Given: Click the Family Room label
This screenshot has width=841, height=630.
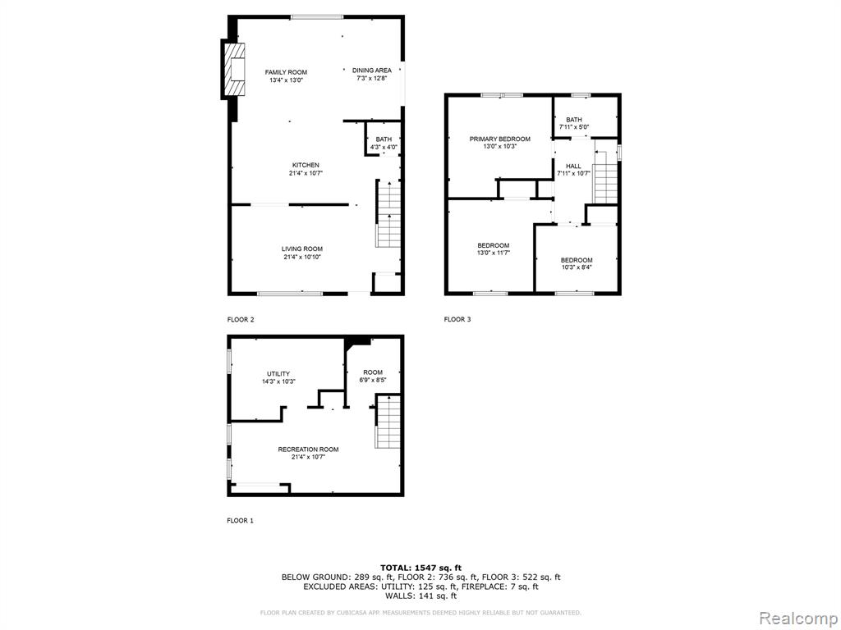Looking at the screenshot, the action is click(286, 72).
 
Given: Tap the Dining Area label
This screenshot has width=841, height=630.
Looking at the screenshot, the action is click(372, 71).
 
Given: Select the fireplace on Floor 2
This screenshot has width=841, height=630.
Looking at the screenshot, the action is click(234, 70).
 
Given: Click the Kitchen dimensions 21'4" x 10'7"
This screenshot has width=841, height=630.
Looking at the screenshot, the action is click(306, 173).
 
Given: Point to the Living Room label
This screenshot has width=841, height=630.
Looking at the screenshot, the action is click(302, 249).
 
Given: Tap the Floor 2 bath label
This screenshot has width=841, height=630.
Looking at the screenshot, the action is click(384, 139).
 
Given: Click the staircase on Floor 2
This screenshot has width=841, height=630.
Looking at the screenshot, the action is click(388, 214).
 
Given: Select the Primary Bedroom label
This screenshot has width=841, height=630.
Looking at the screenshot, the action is click(500, 139).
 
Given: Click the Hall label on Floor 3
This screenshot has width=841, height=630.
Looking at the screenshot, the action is click(573, 166).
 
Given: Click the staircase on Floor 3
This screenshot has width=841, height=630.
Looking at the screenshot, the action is click(605, 177).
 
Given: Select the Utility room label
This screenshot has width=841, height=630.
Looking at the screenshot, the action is click(278, 374).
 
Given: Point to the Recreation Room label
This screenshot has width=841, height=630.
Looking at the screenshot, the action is click(309, 450).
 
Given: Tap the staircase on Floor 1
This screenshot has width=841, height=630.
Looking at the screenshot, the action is click(388, 422).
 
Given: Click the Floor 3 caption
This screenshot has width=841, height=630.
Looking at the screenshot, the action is click(457, 319).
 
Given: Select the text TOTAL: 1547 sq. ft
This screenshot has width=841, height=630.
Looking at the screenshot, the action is click(421, 568).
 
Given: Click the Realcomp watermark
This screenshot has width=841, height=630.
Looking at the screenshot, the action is click(797, 619).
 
